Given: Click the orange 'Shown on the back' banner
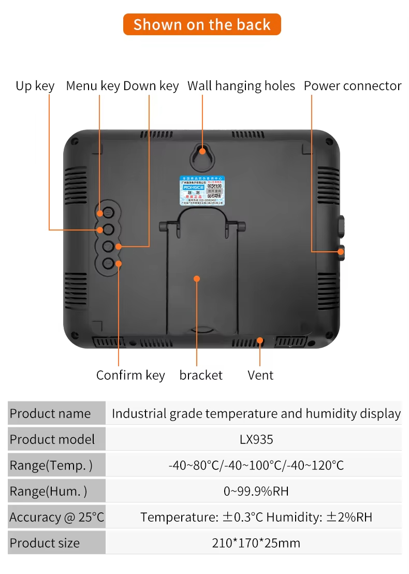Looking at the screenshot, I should point(202,24).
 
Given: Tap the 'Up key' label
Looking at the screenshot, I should point(35,86).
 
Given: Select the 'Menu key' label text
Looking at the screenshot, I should point(93,86).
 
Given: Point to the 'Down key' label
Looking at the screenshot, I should point(151,86).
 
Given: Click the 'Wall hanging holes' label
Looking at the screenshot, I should point(241,86).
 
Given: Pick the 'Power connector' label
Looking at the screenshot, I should point(353,86).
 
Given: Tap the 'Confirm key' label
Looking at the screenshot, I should point(130,375).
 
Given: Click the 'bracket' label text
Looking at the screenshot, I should point(201,375).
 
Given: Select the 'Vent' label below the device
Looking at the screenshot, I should point(260,375).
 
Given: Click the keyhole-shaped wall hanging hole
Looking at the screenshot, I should point(202,153).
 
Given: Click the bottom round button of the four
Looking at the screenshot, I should point(108,263).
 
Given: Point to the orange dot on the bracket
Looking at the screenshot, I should point(197,279).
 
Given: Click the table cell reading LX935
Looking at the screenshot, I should point(256,439).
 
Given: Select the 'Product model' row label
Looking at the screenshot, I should point(52,439).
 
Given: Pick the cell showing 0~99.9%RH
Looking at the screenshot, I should point(256,491).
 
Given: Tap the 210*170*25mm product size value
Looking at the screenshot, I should point(256,543).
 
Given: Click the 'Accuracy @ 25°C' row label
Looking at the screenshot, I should point(56,517).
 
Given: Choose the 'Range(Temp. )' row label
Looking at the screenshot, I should point(51,465).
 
